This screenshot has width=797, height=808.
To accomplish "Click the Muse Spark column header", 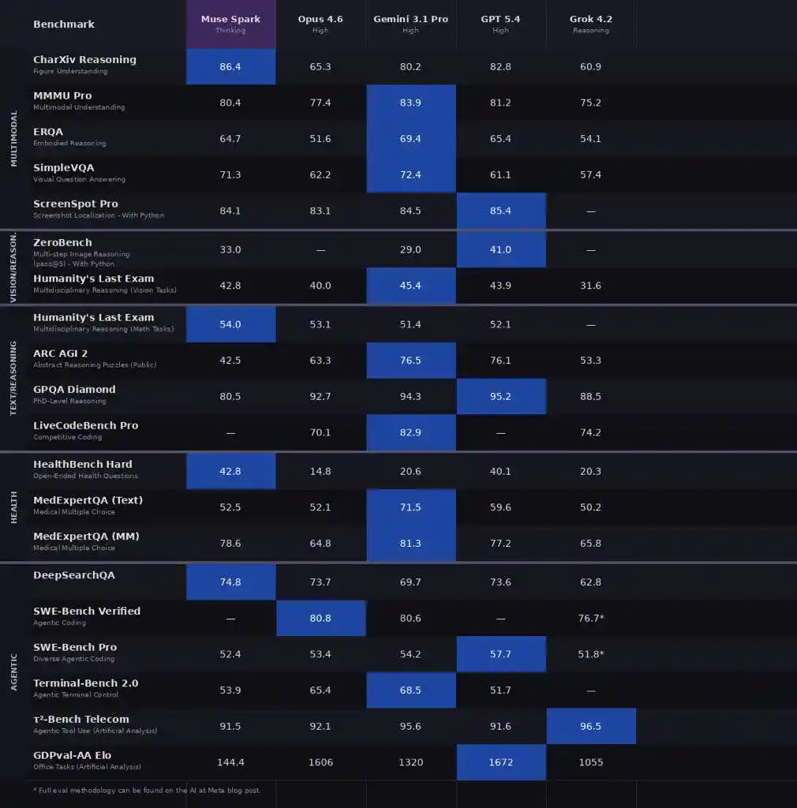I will click(230, 23).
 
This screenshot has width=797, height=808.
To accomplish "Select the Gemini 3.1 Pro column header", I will click(410, 23).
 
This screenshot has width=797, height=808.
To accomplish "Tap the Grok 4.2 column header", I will click(590, 23).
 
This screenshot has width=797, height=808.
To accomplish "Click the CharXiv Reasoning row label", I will click(84, 60).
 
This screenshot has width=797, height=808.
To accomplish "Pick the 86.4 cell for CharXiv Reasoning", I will click(230, 67).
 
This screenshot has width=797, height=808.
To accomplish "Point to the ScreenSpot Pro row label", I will click(76, 204).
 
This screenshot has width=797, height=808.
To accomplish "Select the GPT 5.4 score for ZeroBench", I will click(500, 250).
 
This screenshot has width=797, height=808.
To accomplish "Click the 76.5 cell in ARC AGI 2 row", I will click(410, 361).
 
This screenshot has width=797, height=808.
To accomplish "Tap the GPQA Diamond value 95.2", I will click(500, 397).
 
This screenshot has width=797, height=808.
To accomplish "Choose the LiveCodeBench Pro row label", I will click(85, 425).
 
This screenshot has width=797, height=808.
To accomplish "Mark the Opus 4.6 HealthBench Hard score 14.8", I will click(320, 472).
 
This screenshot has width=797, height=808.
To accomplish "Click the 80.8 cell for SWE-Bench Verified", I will click(320, 619).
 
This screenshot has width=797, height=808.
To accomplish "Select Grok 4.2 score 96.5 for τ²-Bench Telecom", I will click(590, 727).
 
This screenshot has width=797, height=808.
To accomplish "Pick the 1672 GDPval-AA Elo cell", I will click(500, 763).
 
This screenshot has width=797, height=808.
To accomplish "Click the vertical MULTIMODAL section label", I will click(13, 138).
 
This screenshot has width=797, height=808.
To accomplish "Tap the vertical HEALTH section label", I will click(13, 507).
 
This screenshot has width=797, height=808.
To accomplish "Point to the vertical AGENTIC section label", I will click(13, 671).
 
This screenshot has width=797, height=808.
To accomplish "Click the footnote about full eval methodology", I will click(147, 790).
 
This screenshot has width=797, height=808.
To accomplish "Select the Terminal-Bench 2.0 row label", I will click(85, 683).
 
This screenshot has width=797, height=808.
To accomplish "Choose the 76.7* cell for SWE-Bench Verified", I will click(590, 619).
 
